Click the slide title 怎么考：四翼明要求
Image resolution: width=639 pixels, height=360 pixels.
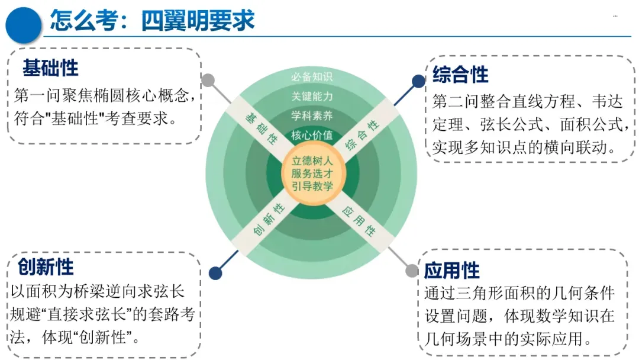pos(152,21)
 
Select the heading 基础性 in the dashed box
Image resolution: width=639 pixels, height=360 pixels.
pos(50,68)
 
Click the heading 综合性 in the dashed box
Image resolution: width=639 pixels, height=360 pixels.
pos(460,75)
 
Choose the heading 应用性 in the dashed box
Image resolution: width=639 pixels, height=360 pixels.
pos(451,271)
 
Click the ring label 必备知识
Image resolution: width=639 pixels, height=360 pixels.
pos(312,77)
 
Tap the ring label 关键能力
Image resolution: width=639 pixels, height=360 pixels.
pos(312,97)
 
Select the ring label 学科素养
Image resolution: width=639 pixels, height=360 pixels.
pos(312,115)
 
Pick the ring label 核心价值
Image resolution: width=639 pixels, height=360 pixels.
pos(312,135)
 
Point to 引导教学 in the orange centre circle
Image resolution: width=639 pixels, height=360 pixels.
pos(312,186)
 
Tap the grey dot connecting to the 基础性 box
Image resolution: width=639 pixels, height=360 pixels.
pos(208,80)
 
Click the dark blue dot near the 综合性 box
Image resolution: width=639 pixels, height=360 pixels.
pos(418,81)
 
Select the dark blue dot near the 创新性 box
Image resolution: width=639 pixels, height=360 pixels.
pos(215,273)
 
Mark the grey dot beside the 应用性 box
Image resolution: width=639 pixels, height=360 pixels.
pos(412,271)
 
